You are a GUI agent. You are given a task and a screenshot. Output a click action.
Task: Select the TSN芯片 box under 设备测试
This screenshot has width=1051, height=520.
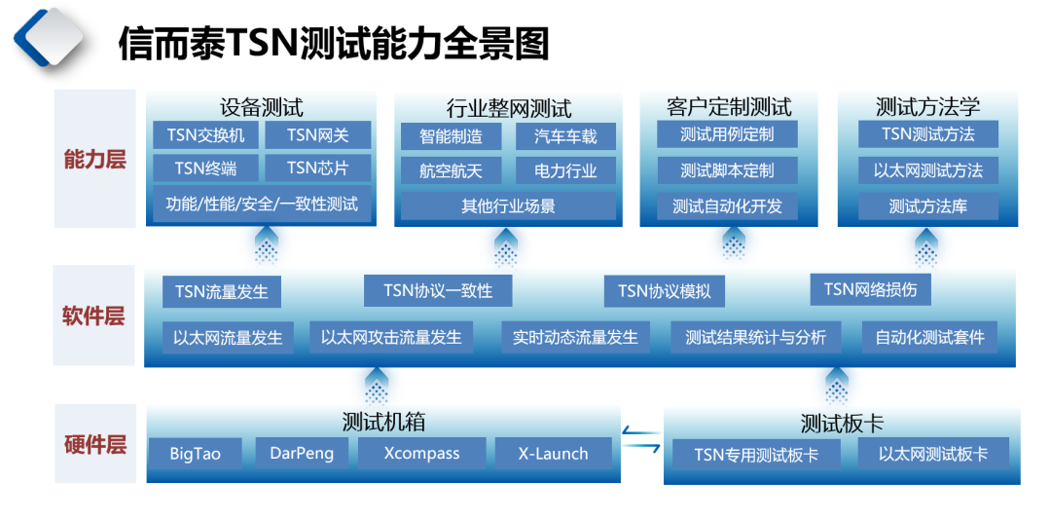click(317, 167)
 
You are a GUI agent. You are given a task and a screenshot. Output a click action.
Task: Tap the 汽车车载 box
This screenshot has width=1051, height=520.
click(565, 137)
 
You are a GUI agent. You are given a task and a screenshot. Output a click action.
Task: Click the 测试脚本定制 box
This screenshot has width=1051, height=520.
click(727, 170)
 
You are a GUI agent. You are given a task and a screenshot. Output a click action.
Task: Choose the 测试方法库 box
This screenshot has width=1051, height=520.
click(927, 206)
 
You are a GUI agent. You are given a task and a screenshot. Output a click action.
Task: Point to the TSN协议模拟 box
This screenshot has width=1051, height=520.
click(665, 291)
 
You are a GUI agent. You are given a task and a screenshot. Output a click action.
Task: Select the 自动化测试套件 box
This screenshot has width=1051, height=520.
click(929, 337)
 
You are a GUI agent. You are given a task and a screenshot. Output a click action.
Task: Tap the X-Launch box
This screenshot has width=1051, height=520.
click(554, 453)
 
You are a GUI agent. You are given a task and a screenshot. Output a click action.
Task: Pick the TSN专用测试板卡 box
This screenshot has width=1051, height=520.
click(756, 455)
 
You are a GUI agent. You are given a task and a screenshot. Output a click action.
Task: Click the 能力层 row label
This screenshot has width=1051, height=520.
click(94, 160)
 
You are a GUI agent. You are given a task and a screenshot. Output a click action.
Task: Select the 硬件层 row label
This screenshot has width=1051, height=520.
click(94, 445)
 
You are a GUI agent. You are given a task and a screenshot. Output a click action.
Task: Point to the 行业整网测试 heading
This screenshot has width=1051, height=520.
click(509, 108)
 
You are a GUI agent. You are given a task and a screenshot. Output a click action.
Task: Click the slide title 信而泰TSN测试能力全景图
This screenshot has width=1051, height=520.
click(334, 44)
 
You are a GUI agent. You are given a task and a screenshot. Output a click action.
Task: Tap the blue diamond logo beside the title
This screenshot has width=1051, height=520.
click(50, 39)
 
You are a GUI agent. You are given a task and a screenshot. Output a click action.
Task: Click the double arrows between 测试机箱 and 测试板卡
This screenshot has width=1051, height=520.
click(641, 439)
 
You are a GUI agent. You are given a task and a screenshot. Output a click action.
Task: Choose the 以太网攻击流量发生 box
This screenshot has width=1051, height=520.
click(391, 337)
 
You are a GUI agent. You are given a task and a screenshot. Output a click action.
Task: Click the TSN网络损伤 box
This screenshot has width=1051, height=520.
click(870, 289)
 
